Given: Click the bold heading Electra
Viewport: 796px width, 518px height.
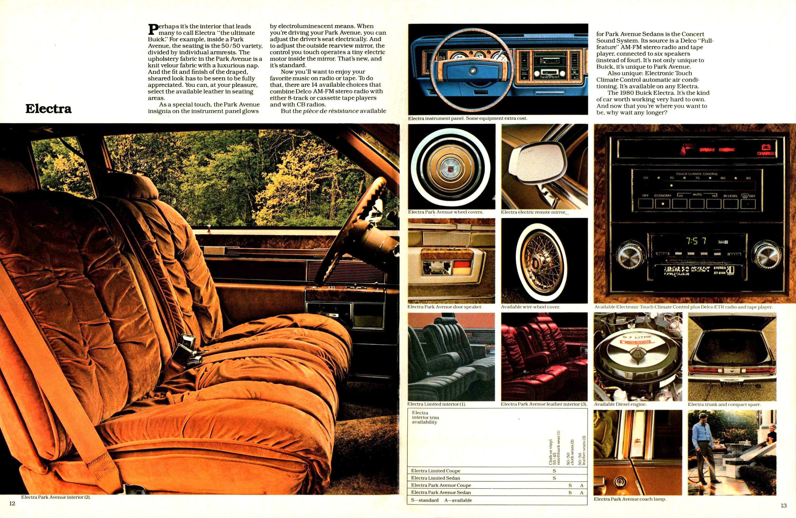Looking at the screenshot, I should point(48,109).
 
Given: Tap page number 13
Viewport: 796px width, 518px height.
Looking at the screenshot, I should point(784,505).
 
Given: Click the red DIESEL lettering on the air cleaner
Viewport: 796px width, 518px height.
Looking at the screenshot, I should point(635,342).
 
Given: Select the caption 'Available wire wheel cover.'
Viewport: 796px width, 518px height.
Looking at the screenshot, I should point(530,307).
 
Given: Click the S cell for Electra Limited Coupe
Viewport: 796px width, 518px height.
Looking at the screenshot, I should point(554,471).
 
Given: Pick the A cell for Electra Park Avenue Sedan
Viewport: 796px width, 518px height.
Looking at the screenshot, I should point(582,492).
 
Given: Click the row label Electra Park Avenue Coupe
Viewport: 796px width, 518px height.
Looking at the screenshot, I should point(441,485).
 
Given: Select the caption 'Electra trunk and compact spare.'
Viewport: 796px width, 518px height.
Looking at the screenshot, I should point(724,404).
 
